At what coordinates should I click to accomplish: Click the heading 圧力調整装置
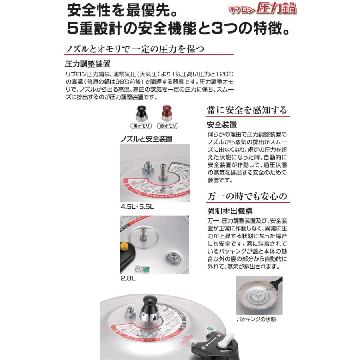tap(87, 64)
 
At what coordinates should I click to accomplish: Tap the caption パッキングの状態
tap(256, 319)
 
